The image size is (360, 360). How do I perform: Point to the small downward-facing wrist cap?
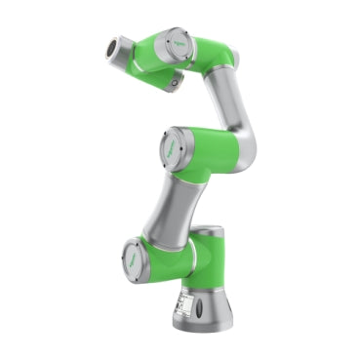(174, 85)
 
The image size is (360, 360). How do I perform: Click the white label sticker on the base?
(183, 304)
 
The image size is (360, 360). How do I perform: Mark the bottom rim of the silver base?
(205, 331)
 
